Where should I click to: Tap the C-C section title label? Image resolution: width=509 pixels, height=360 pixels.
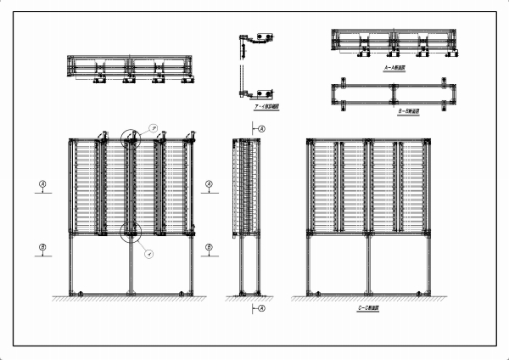[x=368, y=306]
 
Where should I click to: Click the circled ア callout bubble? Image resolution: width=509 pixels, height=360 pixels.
[x=153, y=127]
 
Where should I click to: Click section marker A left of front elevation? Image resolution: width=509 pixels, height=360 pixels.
[x=42, y=183]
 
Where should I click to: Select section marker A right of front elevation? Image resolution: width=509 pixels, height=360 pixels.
[x=210, y=183]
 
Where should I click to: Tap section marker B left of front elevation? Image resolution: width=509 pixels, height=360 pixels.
[x=42, y=247]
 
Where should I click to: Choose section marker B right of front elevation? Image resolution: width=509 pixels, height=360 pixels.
[x=210, y=247]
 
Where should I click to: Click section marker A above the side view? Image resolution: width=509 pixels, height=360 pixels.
[x=261, y=128]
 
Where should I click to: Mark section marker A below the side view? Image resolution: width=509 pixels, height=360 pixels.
[x=261, y=307]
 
